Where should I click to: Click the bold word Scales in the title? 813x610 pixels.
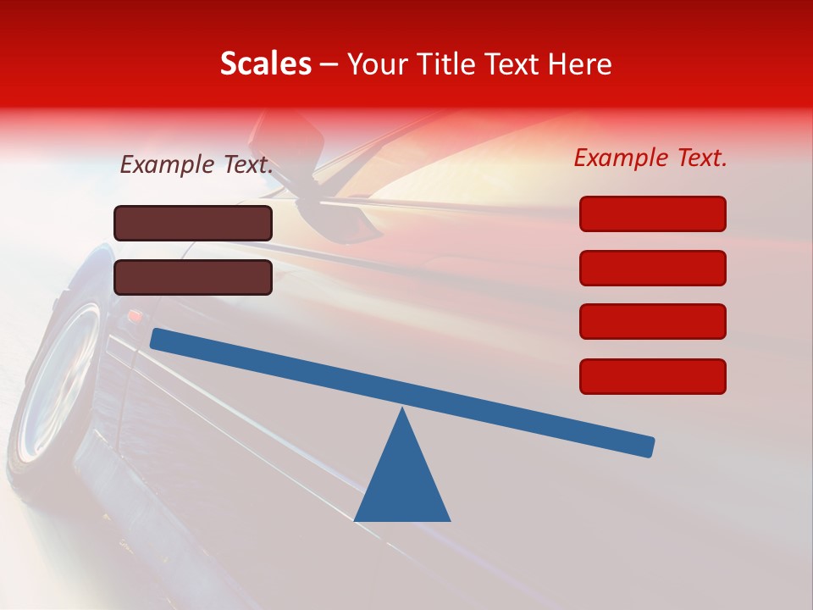point(265,64)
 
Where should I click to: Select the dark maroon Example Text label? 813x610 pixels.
point(196,165)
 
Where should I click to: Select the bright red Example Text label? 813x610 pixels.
point(650,158)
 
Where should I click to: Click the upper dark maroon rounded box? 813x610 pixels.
point(193,223)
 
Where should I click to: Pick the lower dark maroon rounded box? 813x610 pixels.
point(193,277)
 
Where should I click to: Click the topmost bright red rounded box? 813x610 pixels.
point(652,213)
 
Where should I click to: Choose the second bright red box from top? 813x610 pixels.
point(652,268)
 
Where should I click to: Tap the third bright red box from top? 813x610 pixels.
point(652,321)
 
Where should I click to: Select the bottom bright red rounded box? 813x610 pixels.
point(652,376)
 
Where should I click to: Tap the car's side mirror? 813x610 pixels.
point(339,216)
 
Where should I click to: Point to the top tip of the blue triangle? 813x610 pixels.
point(402,411)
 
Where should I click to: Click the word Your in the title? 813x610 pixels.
point(374,64)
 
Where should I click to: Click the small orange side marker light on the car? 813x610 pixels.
point(133,316)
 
